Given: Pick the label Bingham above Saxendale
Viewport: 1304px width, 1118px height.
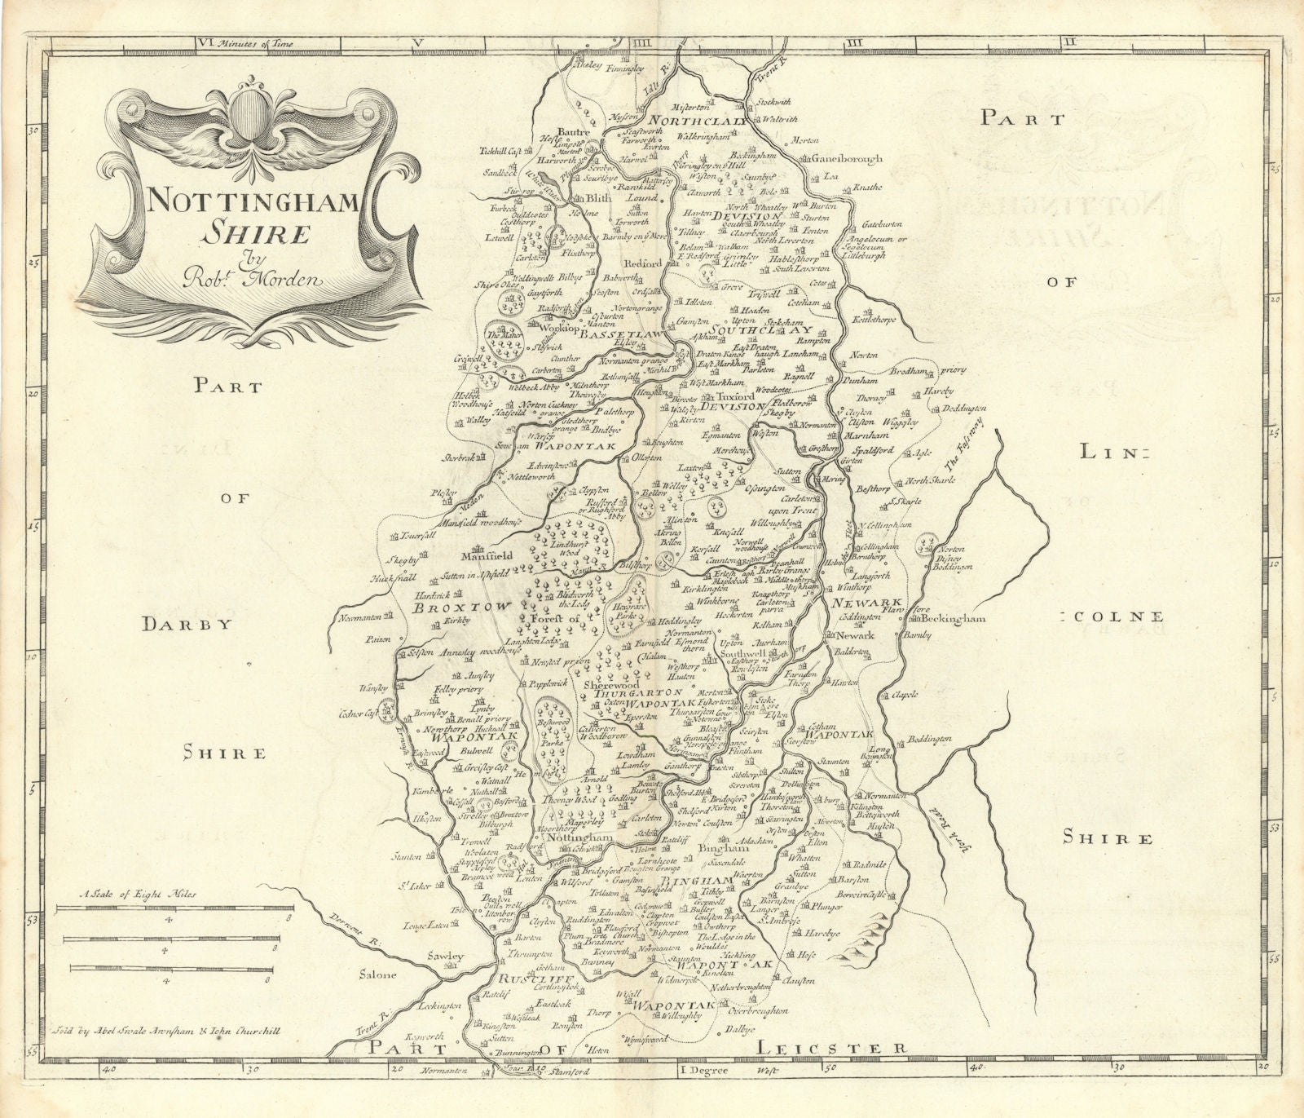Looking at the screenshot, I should point(720,849).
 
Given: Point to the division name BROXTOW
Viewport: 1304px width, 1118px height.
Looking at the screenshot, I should point(461,607).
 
